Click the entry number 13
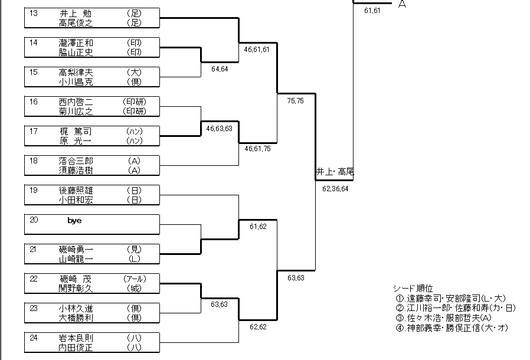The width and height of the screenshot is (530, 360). tap(34, 13)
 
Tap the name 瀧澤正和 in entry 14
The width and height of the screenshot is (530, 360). tap(76, 43)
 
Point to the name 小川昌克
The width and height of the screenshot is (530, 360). tap(76, 82)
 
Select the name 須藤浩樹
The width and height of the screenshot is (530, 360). tap(76, 171)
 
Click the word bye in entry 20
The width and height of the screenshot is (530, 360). tap(74, 220)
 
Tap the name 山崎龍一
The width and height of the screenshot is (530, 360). tap(76, 259)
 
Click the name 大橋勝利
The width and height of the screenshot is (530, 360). tap(76, 318)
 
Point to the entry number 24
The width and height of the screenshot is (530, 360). tap(34, 338)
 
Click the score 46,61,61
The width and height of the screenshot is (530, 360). tap(257, 50)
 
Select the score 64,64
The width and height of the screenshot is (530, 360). tap(220, 69)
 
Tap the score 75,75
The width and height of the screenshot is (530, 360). tap(295, 101)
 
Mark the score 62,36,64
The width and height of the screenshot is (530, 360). tap(335, 189)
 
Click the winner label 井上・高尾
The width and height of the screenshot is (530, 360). tap(335, 172)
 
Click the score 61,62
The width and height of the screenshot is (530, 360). tap(258, 227)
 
